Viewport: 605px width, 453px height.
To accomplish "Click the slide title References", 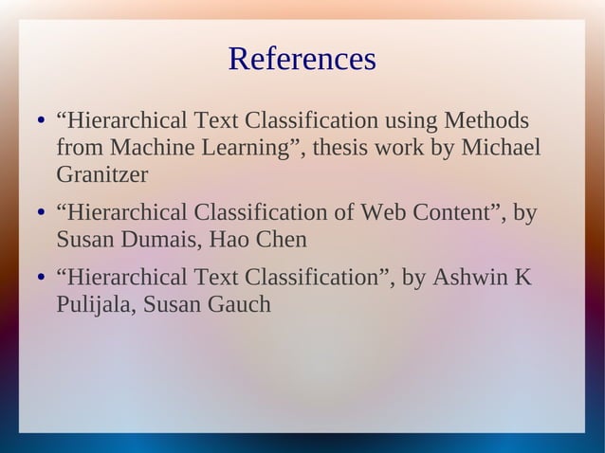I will [x=302, y=60].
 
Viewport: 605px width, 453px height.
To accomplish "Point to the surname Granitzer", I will [x=102, y=175].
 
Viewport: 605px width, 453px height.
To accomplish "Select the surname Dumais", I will [x=159, y=239].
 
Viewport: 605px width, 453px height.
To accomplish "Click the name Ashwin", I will [x=469, y=278].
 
